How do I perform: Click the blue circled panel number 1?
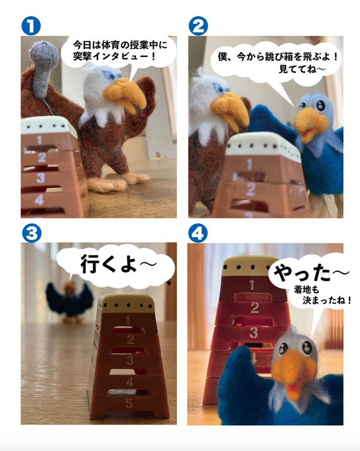(x=30, y=26)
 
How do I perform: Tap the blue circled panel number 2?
(x=198, y=26)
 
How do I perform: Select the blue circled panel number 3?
(x=31, y=233)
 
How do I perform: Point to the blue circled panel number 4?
(x=198, y=233)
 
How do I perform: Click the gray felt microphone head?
(x=44, y=54)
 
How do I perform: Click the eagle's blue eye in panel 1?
(x=109, y=75)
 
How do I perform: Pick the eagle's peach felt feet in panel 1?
(x=117, y=180)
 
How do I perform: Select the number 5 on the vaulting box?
(x=129, y=403)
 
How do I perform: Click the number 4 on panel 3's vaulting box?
(x=130, y=381)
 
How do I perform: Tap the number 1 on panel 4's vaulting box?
(x=252, y=285)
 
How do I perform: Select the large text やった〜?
(x=311, y=273)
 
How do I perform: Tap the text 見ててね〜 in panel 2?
(x=302, y=69)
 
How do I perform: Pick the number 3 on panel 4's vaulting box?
(x=254, y=333)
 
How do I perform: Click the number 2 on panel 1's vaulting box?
(x=41, y=157)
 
